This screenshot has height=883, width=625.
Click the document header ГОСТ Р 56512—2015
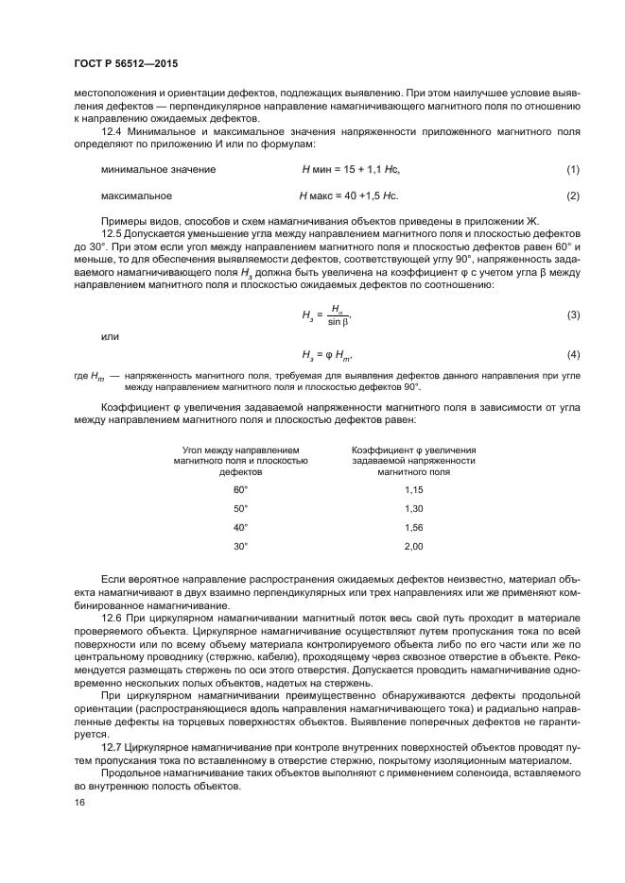pos(125,64)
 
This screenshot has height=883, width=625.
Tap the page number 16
pos(79,802)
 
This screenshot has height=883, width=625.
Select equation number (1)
pos(572,169)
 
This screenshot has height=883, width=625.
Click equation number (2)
pos(572,196)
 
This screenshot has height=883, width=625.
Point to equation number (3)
pos(572,314)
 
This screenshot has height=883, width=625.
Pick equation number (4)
pos(572,354)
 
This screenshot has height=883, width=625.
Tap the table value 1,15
pos(413,489)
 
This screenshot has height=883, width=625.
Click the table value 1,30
pos(413,508)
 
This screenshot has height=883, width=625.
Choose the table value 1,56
pos(413,527)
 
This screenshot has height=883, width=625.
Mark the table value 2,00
pos(413,546)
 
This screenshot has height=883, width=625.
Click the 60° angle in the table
pos(240,489)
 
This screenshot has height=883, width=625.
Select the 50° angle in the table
pos(240,508)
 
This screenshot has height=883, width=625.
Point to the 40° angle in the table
pos(240,527)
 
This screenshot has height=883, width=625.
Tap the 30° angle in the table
pos(240,546)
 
